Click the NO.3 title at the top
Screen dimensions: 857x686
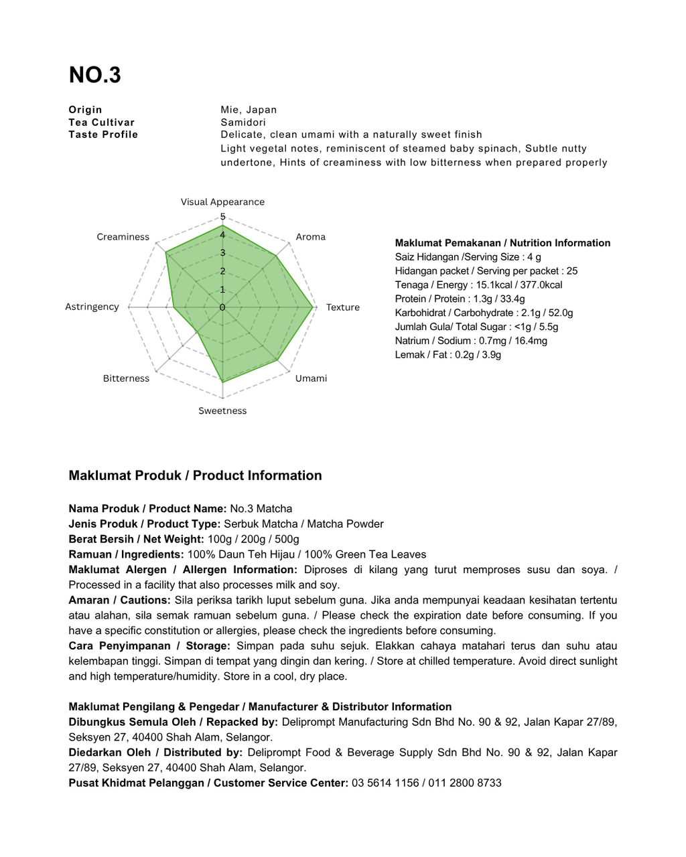pos(94,75)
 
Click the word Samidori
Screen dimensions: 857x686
pos(243,123)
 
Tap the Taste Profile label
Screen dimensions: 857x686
pos(103,135)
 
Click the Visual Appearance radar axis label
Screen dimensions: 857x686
pos(222,202)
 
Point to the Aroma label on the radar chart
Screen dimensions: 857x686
pos(311,237)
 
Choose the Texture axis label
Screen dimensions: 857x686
pos(343,307)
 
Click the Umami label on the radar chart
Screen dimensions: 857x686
pos(312,378)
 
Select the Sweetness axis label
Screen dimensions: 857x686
pos(222,411)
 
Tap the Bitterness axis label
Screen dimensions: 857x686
pos(126,378)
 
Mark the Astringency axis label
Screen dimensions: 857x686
pos(92,307)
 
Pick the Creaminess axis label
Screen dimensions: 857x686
pos(123,237)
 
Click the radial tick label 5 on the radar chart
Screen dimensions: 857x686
pos(223,217)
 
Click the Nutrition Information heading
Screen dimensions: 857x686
pos(502,243)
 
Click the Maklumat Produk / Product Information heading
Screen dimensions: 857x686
pos(195,476)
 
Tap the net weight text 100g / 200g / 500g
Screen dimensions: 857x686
pos(253,540)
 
